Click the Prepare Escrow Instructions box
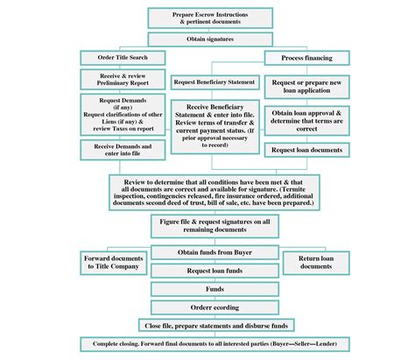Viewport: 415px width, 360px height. pos(208,18)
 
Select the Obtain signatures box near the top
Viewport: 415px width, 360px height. pos(208,39)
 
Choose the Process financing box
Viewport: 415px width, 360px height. pos(306,58)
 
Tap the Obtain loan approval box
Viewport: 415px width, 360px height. pos(306,121)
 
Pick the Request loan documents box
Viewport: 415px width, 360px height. pos(306,151)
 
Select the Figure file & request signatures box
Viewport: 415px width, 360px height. pos(208,227)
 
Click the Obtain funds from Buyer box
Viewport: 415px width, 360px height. pos(208,252)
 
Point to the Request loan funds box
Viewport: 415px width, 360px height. pos(208,271)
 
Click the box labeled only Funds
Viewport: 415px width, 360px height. pos(208,289)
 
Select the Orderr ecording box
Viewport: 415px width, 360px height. pos(208,307)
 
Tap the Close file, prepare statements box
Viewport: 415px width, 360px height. pos(208,326)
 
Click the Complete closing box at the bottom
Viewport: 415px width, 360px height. pos(208,344)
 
